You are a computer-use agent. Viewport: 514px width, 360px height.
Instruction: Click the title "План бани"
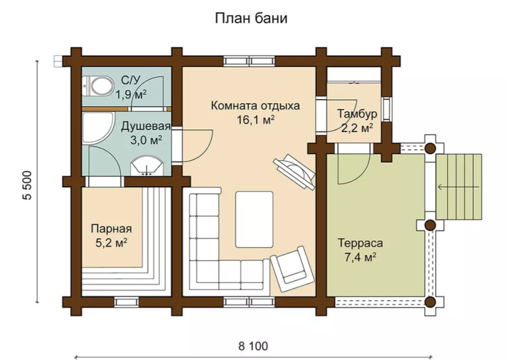point(251,18)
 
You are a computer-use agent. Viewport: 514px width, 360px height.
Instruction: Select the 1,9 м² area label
point(130,94)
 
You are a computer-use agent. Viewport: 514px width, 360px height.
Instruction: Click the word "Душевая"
point(146,127)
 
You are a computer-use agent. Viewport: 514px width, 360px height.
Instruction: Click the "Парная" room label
point(112,228)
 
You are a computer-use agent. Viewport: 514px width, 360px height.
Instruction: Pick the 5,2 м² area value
point(112,243)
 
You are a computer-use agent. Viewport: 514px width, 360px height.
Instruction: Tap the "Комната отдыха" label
point(255,106)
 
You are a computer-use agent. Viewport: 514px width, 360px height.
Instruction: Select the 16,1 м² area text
point(256,120)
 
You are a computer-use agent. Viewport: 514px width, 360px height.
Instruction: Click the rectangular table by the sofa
point(255,220)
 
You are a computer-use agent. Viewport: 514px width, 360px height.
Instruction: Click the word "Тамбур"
point(357,114)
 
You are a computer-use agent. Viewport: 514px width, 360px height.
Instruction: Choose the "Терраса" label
point(360,243)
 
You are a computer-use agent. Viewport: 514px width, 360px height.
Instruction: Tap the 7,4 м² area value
point(360,257)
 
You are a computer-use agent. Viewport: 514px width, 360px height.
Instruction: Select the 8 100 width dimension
point(253,346)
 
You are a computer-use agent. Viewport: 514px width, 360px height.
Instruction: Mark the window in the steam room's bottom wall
point(127,302)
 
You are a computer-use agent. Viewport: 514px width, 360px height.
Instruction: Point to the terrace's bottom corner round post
point(430,302)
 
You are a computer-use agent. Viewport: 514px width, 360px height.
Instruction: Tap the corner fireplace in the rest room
point(295,171)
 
